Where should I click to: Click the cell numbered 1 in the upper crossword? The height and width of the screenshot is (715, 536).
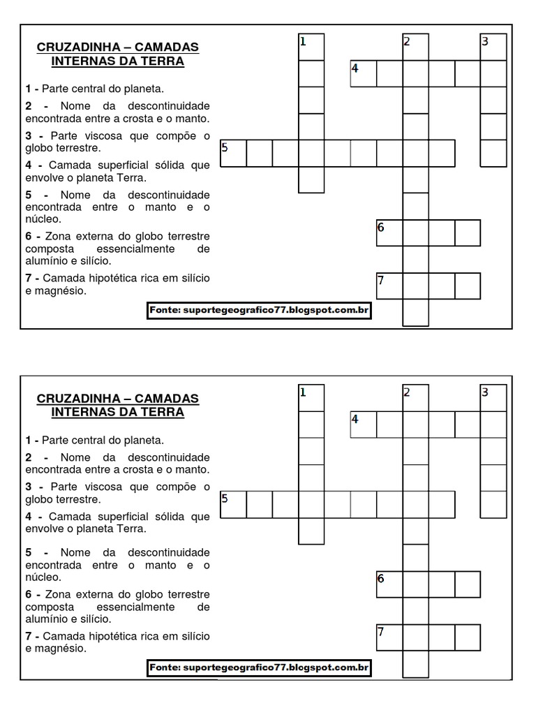coord(311,47)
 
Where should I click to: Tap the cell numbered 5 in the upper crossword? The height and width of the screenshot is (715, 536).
coord(233,153)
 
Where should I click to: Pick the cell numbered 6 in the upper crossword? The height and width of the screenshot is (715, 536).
coord(389,233)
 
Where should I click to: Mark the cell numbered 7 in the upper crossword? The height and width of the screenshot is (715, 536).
coord(389,286)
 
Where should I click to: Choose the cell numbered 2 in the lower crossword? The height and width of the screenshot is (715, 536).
coord(416,398)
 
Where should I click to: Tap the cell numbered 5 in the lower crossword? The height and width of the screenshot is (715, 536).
coord(233,504)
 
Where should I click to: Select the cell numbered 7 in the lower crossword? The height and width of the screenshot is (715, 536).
coord(389,637)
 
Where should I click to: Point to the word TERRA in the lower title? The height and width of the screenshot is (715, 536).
coord(165,412)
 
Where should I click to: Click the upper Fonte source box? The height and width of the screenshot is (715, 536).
coord(258,310)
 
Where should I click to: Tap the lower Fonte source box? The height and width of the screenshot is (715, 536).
coord(258,668)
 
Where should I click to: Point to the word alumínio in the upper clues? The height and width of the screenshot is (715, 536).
coord(47,261)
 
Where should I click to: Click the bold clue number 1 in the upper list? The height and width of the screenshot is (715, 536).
coord(29,89)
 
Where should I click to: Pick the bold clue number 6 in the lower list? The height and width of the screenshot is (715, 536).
coord(29,594)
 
